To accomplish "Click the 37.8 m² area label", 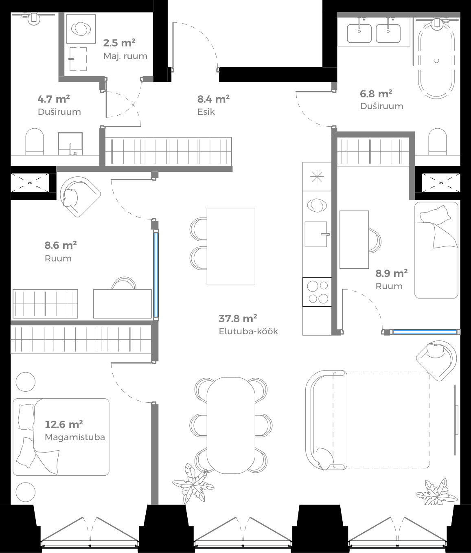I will coord(238,318).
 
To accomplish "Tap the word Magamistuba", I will coord(75,437).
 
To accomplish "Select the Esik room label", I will coord(206,112).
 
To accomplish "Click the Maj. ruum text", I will coord(125,56).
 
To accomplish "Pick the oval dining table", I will coord(231,425).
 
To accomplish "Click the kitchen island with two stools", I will coord(231,246).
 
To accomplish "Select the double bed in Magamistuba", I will coord(61,437).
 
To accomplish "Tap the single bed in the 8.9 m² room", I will coord(436,250).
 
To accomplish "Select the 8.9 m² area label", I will coord(391,273).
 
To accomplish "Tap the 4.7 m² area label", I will coord(53,99).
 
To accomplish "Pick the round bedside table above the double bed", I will coord(25,382).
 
